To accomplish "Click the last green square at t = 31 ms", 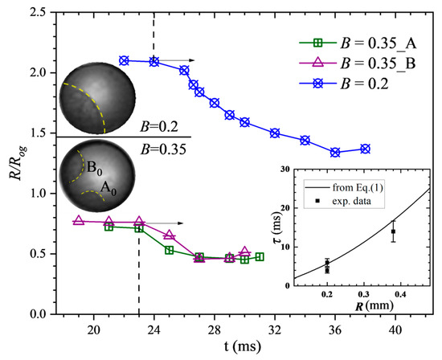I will click(260, 257).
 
